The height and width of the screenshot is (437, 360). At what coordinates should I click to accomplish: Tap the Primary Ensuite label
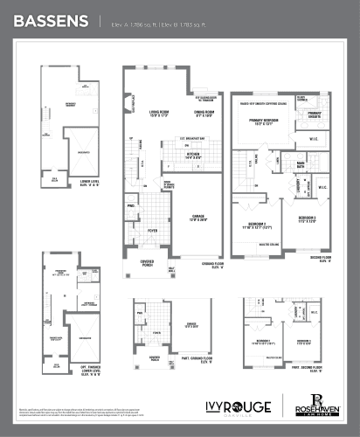[314, 114]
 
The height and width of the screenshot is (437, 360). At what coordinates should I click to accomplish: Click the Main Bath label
[299, 163]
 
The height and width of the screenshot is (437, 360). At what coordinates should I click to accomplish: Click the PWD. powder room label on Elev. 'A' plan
[131, 207]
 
